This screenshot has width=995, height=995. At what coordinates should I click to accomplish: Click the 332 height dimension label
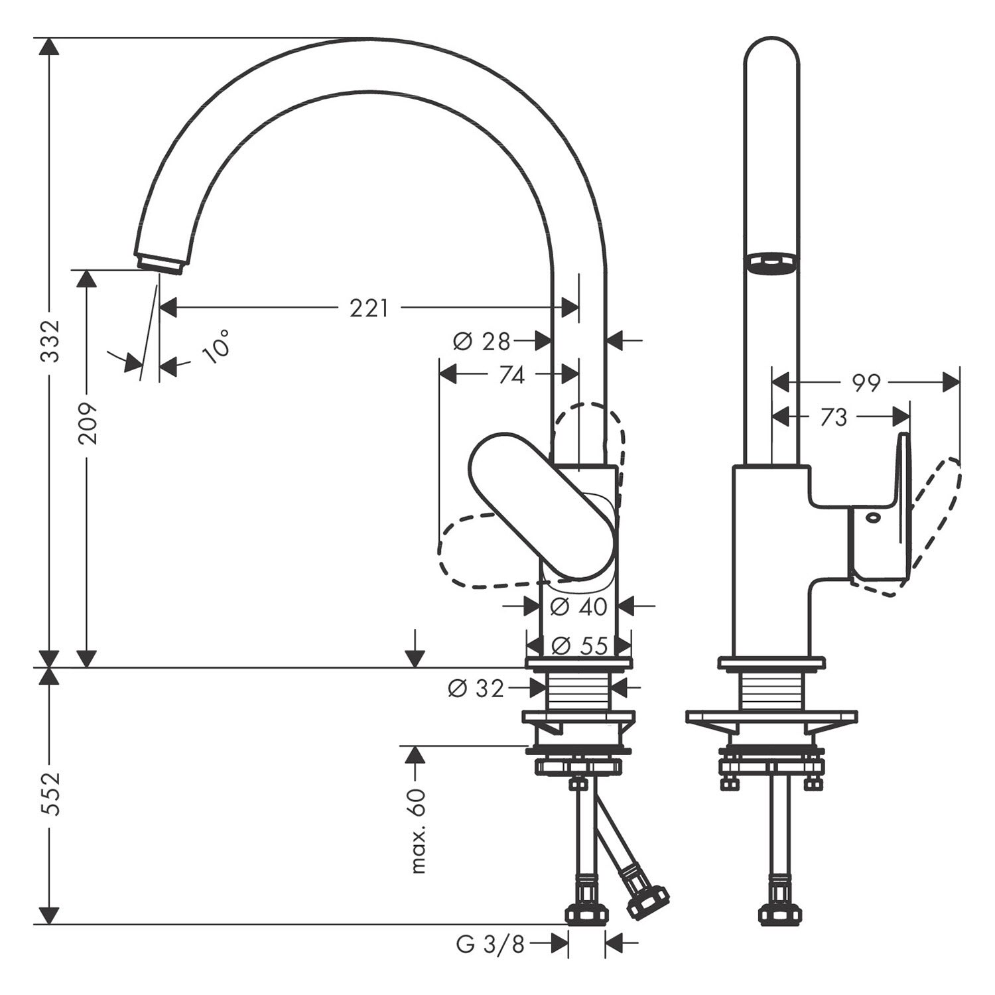50,341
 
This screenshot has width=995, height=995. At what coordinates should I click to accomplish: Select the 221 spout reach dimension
369,308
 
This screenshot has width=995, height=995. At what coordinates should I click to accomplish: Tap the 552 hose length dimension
50,794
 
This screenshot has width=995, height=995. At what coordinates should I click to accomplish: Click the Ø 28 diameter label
482,342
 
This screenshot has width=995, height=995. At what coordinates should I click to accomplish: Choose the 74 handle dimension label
511,375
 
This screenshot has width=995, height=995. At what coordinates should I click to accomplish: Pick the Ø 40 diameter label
578,606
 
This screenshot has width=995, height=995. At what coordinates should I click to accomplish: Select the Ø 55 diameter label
579,645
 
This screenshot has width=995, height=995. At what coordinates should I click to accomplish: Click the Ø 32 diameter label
476,689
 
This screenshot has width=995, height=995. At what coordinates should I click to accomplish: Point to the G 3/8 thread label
490,944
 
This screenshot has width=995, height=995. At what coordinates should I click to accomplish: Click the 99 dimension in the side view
865,383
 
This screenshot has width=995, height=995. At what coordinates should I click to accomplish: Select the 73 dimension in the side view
834,417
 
